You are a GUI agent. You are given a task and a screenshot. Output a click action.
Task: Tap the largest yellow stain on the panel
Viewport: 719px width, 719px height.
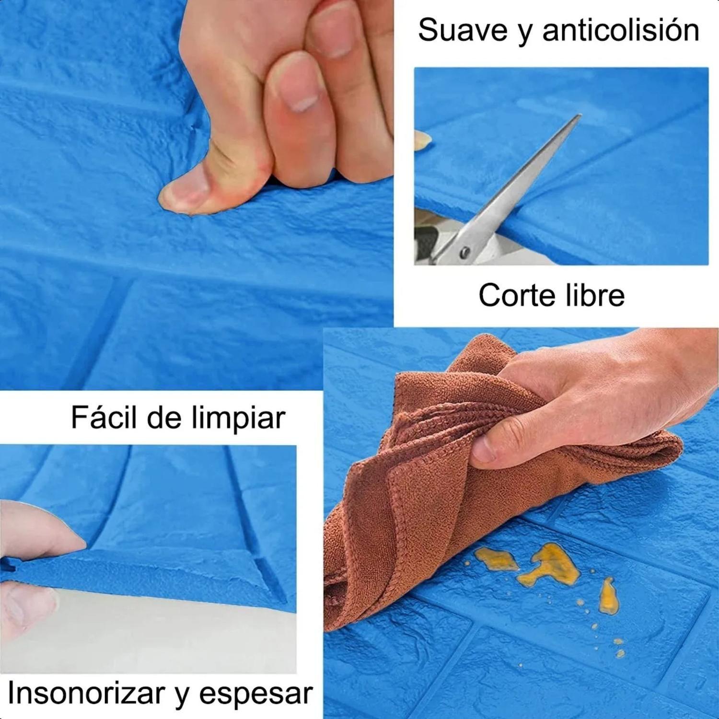click(555, 565)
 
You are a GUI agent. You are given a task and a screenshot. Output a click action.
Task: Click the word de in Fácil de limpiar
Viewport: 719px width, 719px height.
click(164, 417)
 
